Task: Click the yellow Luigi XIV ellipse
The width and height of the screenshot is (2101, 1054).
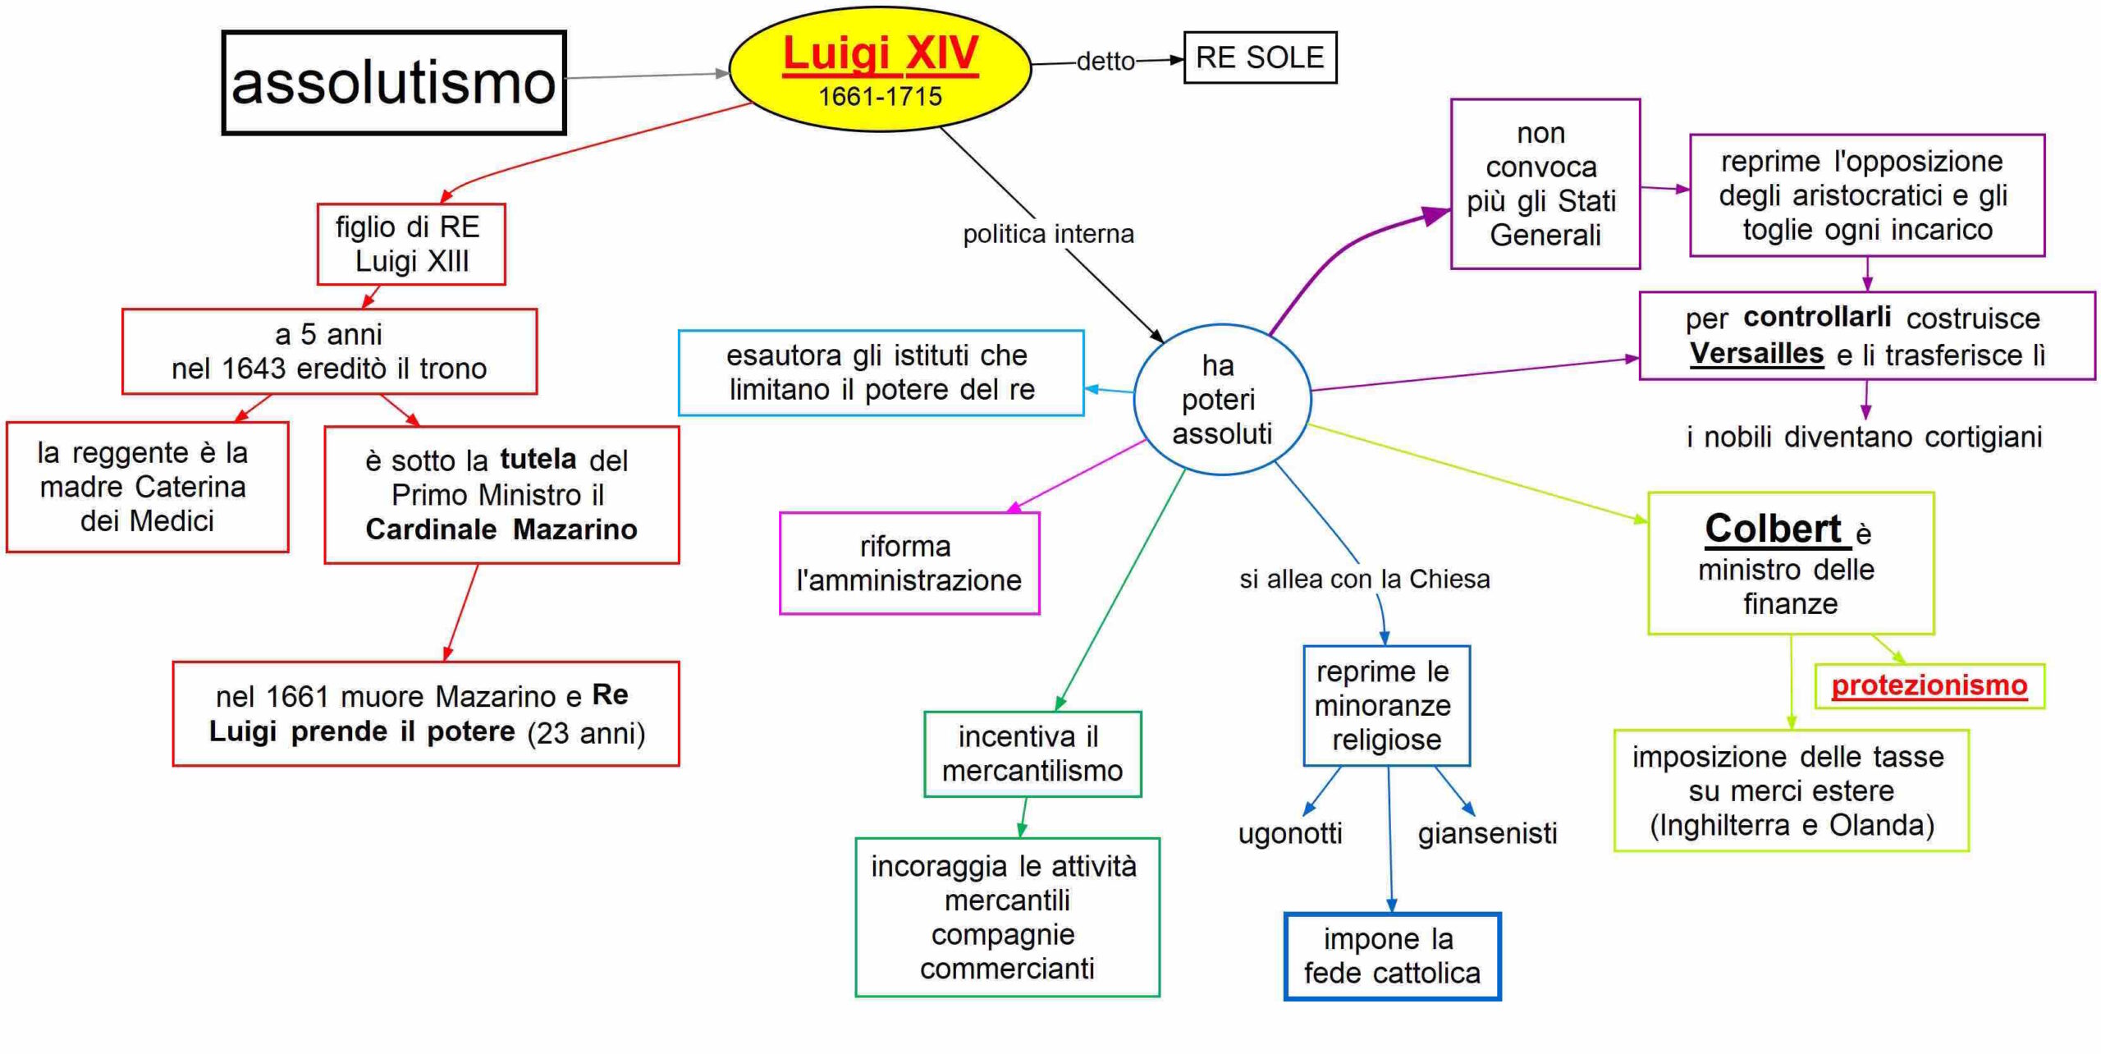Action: pos(880,70)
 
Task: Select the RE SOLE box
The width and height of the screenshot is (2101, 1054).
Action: pos(1260,57)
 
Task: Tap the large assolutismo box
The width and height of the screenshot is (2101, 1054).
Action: pos(394,83)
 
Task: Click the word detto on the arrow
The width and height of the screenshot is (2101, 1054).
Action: pos(1105,62)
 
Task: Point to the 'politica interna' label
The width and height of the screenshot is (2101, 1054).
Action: pos(1048,235)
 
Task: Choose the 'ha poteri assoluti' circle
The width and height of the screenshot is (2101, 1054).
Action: pos(1221,400)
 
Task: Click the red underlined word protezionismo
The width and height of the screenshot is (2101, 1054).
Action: pos(1929,685)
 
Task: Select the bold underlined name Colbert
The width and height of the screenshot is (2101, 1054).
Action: pos(1773,529)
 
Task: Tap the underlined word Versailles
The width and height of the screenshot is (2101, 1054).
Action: pos(1756,354)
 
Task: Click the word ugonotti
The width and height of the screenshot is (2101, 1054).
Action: pos(1290,834)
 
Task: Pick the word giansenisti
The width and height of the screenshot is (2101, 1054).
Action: pos(1487,834)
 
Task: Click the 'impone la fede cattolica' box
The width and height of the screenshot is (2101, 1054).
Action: pos(1392,956)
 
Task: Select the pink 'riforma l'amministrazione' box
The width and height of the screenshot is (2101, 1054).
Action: pos(909,563)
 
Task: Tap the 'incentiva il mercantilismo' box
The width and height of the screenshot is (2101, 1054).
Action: pos(1032,754)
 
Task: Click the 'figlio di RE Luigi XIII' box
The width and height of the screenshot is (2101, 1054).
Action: pos(411,245)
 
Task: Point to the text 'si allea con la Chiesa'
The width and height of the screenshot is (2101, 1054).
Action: pos(1364,580)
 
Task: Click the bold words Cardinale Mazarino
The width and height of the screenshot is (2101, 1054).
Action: pos(501,529)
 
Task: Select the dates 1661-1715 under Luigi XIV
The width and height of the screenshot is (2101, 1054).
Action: pos(880,97)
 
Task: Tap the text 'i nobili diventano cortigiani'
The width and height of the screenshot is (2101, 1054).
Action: pos(1864,438)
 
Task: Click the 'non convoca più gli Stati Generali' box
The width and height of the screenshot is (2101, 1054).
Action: pos(1545,184)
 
